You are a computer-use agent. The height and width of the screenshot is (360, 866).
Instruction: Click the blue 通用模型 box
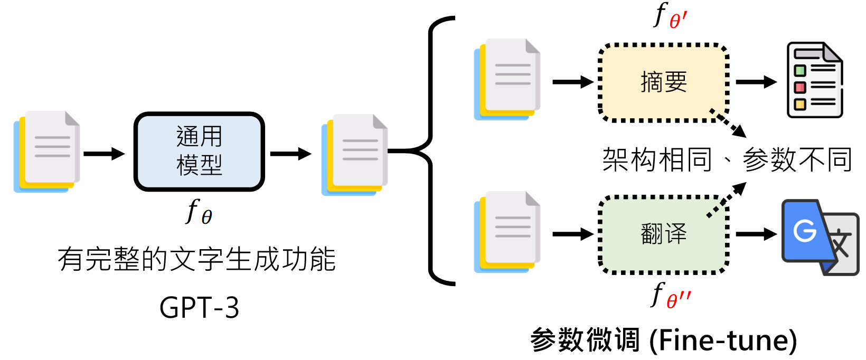click(x=199, y=151)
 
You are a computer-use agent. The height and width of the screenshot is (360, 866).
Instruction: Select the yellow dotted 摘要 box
click(x=663, y=82)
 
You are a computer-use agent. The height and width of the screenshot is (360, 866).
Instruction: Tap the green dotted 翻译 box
click(x=663, y=234)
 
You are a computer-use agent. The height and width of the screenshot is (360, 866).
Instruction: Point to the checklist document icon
click(x=814, y=80)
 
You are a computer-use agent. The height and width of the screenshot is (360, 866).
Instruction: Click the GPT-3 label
click(x=199, y=308)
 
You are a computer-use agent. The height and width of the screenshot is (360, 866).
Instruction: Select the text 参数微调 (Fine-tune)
click(x=663, y=340)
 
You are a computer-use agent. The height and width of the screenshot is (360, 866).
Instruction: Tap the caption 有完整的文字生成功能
click(x=196, y=259)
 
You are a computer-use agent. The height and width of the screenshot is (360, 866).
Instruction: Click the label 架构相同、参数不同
click(x=727, y=159)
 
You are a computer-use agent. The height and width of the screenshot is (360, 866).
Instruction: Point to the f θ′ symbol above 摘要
click(x=670, y=16)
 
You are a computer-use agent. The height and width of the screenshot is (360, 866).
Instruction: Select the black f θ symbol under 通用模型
click(x=199, y=212)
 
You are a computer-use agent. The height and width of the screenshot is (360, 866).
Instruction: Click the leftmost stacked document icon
click(x=46, y=151)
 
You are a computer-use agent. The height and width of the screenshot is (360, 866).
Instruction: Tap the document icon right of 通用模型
click(x=354, y=155)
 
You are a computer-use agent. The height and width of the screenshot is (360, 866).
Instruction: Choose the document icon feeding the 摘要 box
click(x=507, y=79)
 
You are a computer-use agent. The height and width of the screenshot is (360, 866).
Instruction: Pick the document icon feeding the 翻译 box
click(x=507, y=232)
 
